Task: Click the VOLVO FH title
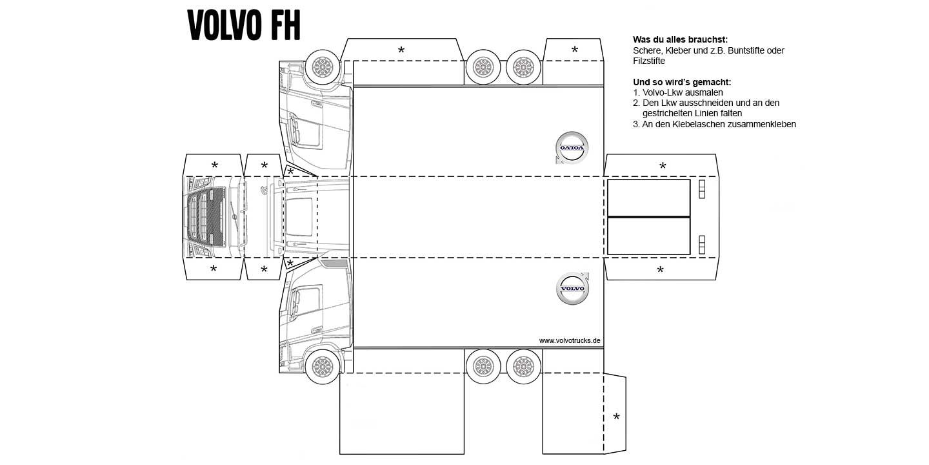(244, 25)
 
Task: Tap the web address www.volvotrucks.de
(570, 340)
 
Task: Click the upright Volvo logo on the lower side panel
(572, 289)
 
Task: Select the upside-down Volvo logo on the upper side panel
(572, 148)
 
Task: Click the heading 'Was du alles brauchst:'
(680, 40)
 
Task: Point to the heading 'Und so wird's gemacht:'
(682, 82)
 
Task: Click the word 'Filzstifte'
(649, 61)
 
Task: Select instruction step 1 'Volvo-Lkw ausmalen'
(677, 92)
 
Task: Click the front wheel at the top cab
(323, 67)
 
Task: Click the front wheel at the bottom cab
(323, 367)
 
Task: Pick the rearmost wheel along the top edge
(524, 67)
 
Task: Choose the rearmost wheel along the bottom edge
(524, 367)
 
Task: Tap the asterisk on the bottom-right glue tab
(616, 417)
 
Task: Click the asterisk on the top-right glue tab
(574, 49)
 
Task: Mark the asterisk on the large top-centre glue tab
(401, 50)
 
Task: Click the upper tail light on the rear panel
(702, 189)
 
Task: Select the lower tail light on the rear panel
(702, 245)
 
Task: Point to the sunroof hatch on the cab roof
(299, 217)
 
